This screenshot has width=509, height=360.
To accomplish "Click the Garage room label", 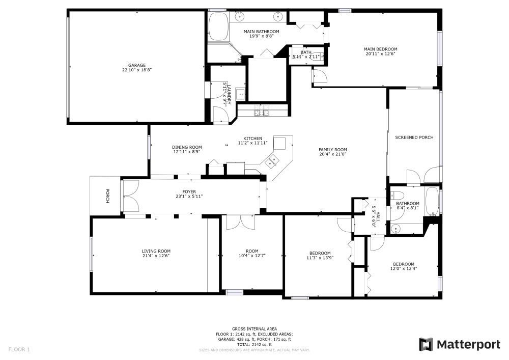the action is [136, 65].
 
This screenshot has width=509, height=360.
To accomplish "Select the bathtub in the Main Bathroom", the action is [218, 26].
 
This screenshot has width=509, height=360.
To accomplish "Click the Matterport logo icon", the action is [426, 344].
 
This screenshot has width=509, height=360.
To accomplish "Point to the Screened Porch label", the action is [414, 137].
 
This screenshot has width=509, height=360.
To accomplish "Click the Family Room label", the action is [333, 150].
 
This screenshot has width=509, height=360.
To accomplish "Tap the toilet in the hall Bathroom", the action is [397, 196].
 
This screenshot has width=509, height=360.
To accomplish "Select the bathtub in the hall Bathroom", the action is [432, 201].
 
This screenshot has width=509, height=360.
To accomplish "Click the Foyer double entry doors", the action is [131, 196].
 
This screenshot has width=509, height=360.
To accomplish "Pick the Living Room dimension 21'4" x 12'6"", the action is [156, 256].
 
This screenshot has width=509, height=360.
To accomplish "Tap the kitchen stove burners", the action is [261, 110].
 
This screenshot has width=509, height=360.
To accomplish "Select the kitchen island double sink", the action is [272, 161].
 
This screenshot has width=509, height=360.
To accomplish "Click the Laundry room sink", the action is [241, 94].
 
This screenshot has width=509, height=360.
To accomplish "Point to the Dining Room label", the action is [187, 147].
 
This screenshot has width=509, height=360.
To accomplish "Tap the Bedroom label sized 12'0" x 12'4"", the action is [404, 264].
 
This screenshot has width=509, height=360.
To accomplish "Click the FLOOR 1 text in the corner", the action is [19, 350].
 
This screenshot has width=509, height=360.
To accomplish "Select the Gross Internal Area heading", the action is [254, 329].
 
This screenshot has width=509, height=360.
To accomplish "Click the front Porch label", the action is [107, 196].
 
